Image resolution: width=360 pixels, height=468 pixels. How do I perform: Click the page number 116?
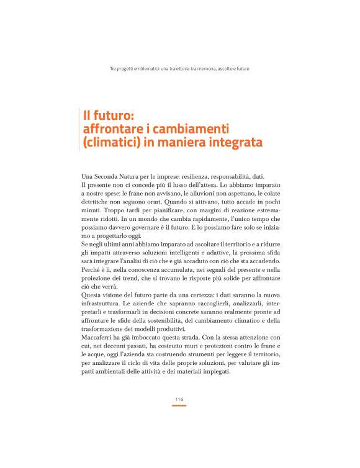click(x=179, y=399)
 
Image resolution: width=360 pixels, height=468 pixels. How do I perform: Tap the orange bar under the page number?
click(x=179, y=405)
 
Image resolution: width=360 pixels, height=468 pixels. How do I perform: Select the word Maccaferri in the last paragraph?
click(x=99, y=337)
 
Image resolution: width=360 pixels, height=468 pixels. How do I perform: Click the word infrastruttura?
click(x=103, y=312)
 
